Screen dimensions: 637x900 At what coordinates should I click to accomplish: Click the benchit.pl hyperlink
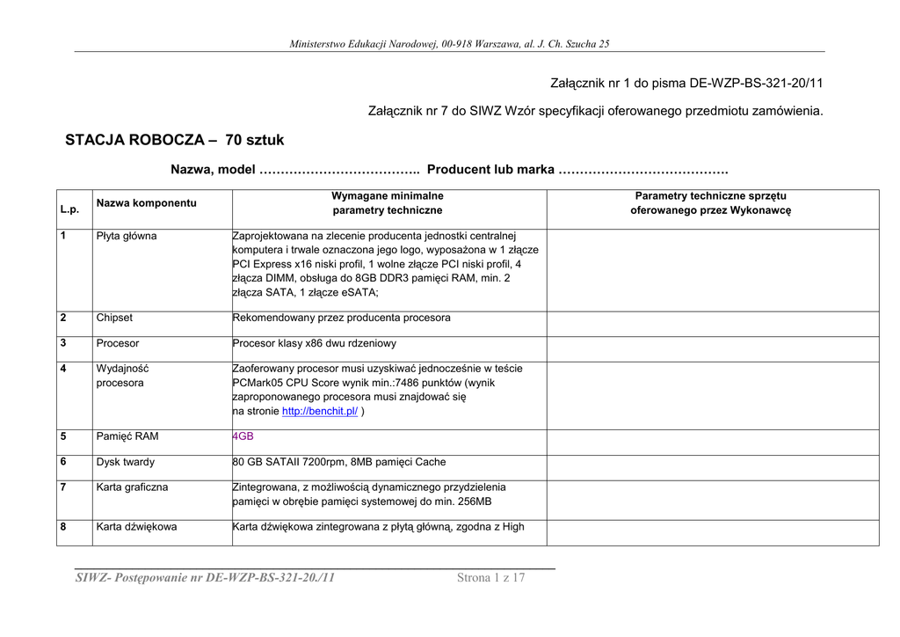(x=320, y=412)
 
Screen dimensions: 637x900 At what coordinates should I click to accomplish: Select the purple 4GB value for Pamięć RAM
(x=243, y=436)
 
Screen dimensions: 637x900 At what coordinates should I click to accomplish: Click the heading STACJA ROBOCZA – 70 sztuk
(x=175, y=140)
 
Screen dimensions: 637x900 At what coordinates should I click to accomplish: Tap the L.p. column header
(x=69, y=210)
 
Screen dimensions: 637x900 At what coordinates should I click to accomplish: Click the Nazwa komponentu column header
(x=147, y=203)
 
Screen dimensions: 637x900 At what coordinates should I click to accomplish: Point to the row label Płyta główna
(x=127, y=236)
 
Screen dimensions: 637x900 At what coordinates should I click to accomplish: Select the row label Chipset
(x=114, y=318)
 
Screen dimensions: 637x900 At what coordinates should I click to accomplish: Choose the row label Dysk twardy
(x=125, y=462)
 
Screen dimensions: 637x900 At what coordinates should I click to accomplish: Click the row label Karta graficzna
(x=132, y=487)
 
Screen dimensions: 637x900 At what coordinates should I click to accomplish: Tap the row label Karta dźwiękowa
(x=136, y=527)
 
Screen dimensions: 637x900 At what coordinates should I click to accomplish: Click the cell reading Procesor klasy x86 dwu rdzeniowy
(x=315, y=343)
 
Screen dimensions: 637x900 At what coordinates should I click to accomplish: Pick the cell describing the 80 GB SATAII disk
(x=339, y=462)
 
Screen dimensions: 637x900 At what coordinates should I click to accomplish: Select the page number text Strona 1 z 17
(x=490, y=578)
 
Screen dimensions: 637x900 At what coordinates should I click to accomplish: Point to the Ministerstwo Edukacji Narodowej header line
(x=449, y=44)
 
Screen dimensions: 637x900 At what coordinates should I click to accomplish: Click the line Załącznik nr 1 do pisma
(x=686, y=84)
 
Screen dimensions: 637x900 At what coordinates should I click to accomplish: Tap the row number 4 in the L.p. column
(x=63, y=368)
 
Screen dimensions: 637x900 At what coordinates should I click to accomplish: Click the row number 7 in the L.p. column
(x=63, y=487)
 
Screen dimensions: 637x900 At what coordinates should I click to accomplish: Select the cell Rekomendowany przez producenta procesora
(x=342, y=318)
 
